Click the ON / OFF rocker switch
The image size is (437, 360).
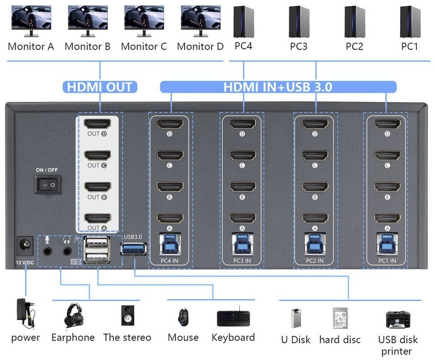click(x=48, y=185)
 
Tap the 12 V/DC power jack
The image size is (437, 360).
click(x=25, y=246)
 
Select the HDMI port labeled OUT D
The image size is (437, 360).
click(x=98, y=124)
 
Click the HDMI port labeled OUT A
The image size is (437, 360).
click(x=98, y=218)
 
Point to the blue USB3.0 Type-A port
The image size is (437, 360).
click(x=134, y=249)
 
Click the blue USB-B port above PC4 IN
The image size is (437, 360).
click(x=170, y=244)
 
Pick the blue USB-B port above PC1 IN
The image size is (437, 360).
click(x=387, y=244)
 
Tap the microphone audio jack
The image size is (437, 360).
click(x=47, y=251)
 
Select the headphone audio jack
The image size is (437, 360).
click(x=67, y=251)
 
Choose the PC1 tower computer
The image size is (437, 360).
click(x=410, y=22)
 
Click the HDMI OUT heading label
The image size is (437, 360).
click(x=100, y=87)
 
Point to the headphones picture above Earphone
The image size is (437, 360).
click(x=74, y=315)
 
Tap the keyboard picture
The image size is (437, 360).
click(x=234, y=317)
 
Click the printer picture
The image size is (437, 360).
click(x=398, y=320)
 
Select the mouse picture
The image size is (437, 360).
click(x=183, y=317)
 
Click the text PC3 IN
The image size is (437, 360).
click(x=242, y=261)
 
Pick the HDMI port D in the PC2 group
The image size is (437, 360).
click(x=315, y=124)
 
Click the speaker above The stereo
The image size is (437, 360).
click(x=128, y=315)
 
